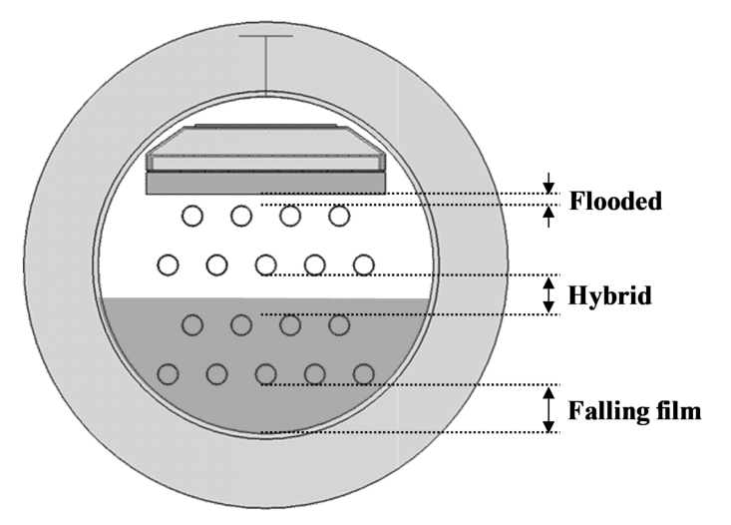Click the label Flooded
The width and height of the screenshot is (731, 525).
tap(615, 202)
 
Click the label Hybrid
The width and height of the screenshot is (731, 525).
tap(609, 296)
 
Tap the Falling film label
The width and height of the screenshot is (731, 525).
tap(635, 409)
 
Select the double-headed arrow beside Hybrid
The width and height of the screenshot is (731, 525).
tap(548, 295)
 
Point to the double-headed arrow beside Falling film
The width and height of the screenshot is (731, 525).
tap(548, 409)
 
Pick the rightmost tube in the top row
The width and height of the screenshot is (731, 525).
tap(339, 215)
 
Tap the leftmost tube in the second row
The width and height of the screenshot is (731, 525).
tap(168, 264)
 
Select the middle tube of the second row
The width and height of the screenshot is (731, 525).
tap(265, 264)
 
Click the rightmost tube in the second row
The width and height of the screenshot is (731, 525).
tap(363, 264)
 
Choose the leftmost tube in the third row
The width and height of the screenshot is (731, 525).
tap(192, 324)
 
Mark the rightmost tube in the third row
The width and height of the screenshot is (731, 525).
tap(339, 324)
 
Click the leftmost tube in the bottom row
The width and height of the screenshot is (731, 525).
tap(168, 373)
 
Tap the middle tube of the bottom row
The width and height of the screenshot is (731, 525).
tap(265, 373)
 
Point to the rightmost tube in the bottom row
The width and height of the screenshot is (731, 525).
tap(363, 373)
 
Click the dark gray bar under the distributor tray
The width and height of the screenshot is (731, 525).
tap(265, 184)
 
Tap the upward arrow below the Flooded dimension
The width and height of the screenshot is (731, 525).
tap(548, 215)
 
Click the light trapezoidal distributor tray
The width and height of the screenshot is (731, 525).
tap(265, 150)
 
